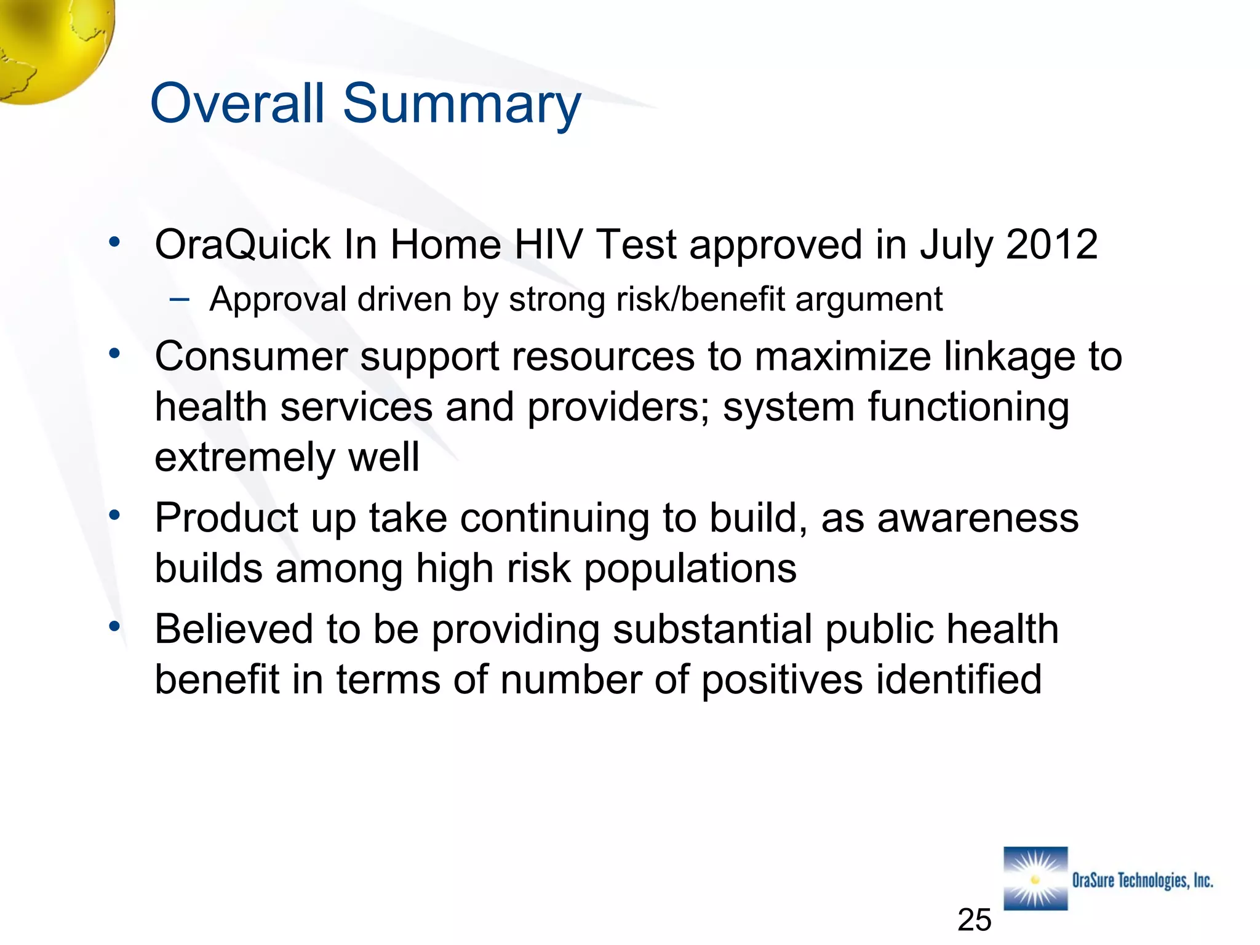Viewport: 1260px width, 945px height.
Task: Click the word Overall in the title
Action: [x=237, y=103]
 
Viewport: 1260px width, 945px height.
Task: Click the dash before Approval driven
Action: [x=180, y=300]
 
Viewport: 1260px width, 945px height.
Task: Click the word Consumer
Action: [x=251, y=357]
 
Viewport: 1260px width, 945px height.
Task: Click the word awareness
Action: [x=978, y=519]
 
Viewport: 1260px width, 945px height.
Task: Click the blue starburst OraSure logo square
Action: [x=1035, y=879]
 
